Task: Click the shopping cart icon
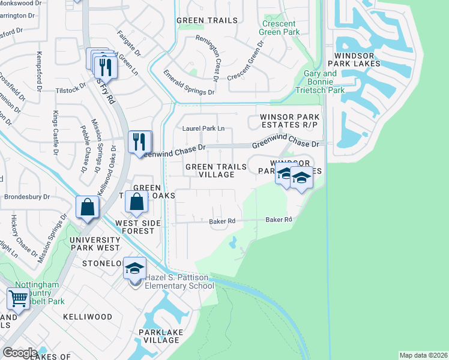19,298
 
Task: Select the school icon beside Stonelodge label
135,268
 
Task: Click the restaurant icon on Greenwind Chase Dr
139,142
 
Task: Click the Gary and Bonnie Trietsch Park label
321,82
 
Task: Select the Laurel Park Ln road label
203,128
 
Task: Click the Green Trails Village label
216,170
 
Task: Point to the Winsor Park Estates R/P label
287,120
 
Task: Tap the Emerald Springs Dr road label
188,83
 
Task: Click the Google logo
20,353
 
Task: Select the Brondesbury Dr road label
29,196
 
